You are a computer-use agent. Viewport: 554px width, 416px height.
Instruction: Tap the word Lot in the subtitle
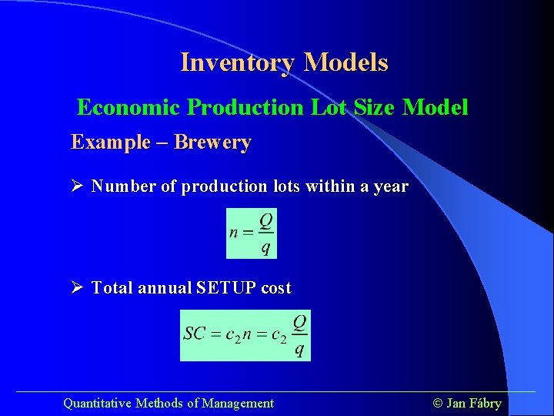click(x=330, y=107)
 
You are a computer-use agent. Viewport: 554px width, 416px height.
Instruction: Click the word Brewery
click(x=212, y=143)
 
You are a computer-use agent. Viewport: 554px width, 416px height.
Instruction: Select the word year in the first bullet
click(x=390, y=186)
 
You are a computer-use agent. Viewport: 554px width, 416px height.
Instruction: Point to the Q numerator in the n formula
click(x=265, y=221)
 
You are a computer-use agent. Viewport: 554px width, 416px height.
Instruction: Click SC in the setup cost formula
click(x=194, y=334)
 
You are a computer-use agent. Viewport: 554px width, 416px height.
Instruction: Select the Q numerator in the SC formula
click(x=300, y=322)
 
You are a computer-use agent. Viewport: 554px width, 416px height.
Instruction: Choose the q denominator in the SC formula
click(x=300, y=349)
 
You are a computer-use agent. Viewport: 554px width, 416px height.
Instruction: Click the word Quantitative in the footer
click(x=97, y=403)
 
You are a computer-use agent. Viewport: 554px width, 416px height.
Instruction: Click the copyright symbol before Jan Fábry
click(x=439, y=403)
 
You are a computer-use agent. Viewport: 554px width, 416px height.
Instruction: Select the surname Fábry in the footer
click(x=486, y=403)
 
